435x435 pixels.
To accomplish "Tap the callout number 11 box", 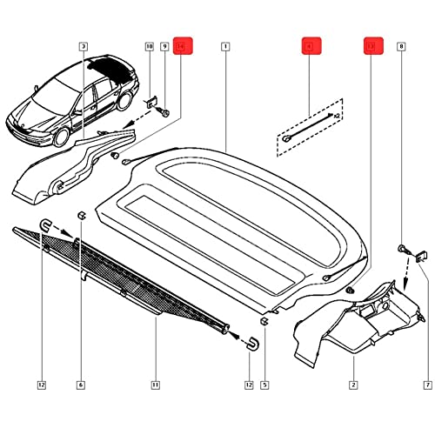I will point(155,385).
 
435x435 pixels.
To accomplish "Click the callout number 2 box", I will point(354,385).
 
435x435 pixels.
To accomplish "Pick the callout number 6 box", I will point(81,385).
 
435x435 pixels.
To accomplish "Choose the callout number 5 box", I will point(264,385).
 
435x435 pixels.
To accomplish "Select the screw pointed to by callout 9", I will point(165,111).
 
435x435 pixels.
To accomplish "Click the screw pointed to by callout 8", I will point(402,250).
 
